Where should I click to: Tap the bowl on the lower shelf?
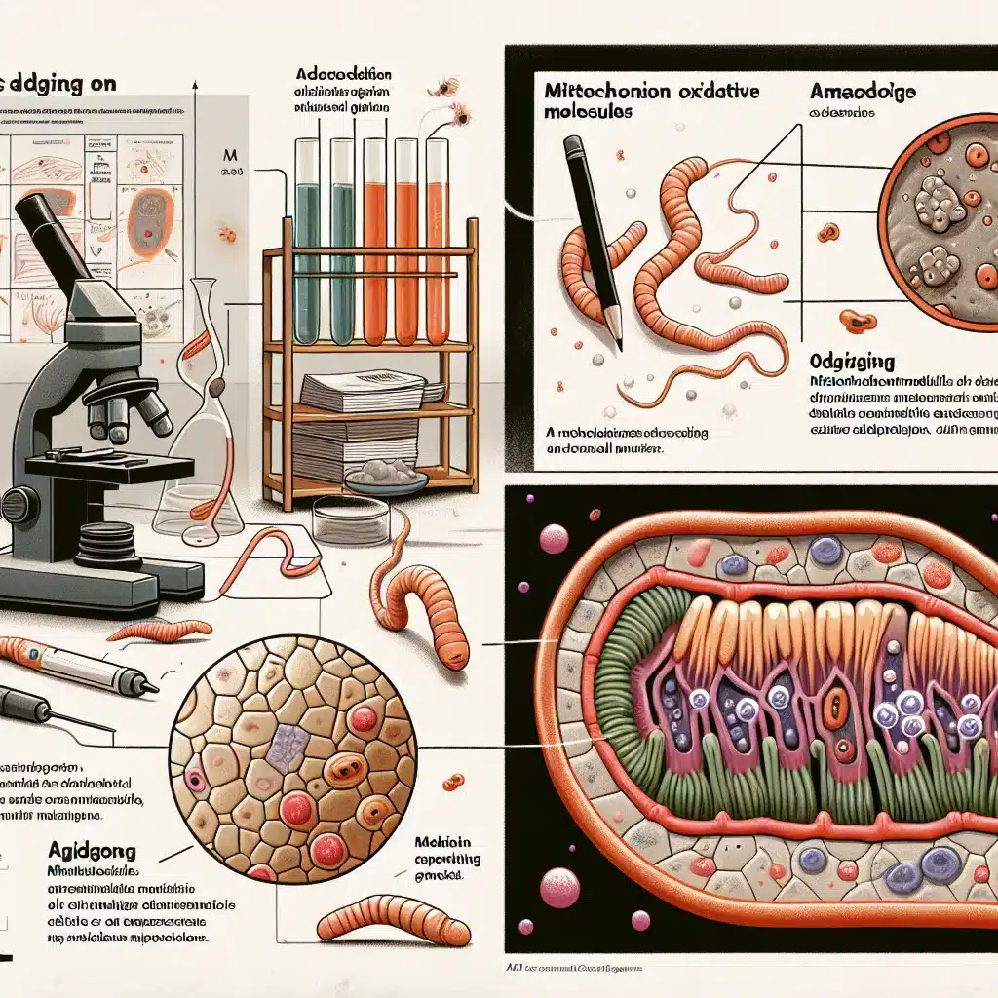[x=386, y=478]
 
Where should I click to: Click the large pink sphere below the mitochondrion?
[x=560, y=888]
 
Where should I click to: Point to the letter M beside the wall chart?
[x=231, y=154]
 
